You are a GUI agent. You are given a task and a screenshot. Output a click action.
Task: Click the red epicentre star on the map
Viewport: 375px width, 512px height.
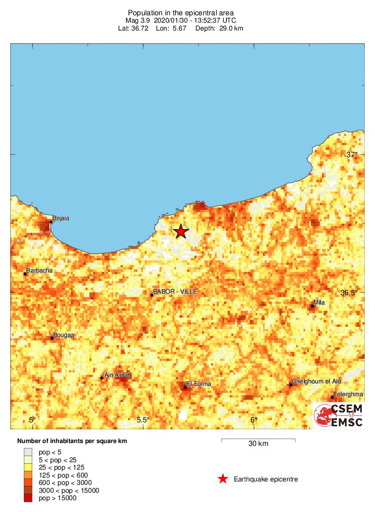pos(181,231)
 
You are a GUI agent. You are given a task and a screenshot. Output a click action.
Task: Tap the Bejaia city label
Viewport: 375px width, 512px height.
pos(61,218)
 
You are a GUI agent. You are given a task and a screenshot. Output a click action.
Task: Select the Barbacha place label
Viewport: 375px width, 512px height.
pos(39,271)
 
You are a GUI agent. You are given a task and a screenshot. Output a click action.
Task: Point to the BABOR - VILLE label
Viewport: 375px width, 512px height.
pos(175,292)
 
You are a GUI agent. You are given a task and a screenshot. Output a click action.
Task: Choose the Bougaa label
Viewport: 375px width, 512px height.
pos(63,335)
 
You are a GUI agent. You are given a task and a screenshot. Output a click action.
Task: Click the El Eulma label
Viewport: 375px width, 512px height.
pos(199,384)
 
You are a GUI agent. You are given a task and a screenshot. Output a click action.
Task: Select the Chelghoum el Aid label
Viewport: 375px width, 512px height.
pos(316,381)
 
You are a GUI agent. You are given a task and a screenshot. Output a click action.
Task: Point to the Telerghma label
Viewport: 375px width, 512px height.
pos(348,394)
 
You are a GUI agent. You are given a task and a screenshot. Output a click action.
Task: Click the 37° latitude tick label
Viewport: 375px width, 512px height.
pos(352,155)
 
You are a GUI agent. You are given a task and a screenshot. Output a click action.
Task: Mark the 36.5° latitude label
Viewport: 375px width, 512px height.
pos(349,292)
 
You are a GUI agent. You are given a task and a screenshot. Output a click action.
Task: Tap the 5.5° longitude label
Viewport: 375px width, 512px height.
pos(143,420)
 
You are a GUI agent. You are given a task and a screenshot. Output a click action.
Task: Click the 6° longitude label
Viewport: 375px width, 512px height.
pos(253,420)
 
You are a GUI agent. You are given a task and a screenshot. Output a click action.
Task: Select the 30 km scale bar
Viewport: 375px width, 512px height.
pos(258,439)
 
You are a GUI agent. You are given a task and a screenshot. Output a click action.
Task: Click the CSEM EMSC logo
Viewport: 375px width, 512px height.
pos(339,415)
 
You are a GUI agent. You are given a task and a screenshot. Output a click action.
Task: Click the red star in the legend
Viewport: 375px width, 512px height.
pos(223,479)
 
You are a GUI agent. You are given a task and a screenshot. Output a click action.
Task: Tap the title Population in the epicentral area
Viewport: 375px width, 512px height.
pos(181,12)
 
